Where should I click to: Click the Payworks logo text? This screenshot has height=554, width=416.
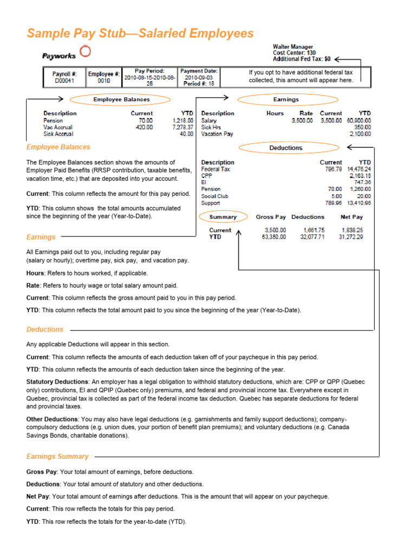coord(59,56)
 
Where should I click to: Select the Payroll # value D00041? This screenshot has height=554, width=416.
coord(64,81)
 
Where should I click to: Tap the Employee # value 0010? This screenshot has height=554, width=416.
coord(103,81)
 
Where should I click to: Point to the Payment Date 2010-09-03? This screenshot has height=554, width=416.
coord(199,77)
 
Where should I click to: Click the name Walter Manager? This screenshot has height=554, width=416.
coord(292,47)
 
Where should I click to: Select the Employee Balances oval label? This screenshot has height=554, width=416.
coord(121,100)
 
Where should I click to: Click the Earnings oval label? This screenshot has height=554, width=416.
coord(285,100)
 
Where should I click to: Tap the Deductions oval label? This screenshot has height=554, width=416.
coord(285,148)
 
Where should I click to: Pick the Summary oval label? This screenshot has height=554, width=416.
coord(223,217)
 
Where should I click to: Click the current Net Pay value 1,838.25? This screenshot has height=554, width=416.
coord(352,230)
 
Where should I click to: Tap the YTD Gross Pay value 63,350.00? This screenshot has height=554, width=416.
coord(270,236)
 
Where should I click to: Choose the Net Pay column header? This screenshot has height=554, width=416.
coord(352,217)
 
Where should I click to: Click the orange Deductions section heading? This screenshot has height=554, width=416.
coord(45,329)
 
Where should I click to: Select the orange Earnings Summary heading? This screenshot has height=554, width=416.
coord(57,456)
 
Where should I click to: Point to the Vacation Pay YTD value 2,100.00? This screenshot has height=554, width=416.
coord(360,134)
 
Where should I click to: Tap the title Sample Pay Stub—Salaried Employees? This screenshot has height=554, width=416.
coord(140,34)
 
